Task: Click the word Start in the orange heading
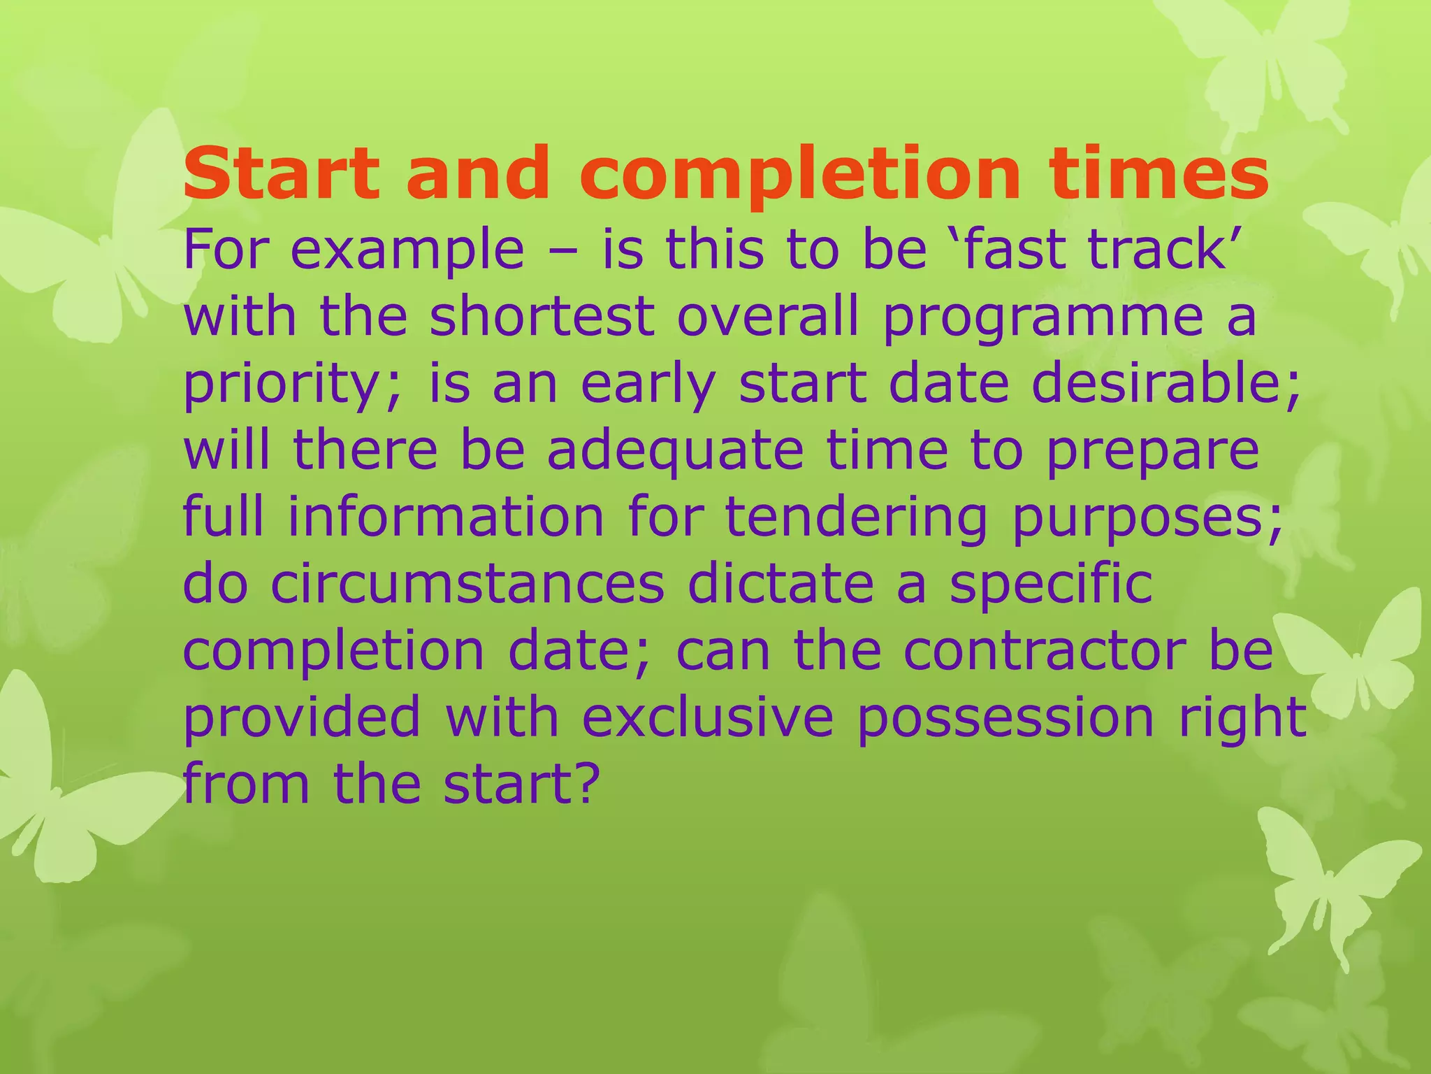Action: click(281, 173)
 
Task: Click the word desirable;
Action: click(1166, 383)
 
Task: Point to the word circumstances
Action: click(467, 584)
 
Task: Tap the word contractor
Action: click(1045, 651)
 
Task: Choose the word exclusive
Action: click(708, 717)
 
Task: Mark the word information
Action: click(446, 517)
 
